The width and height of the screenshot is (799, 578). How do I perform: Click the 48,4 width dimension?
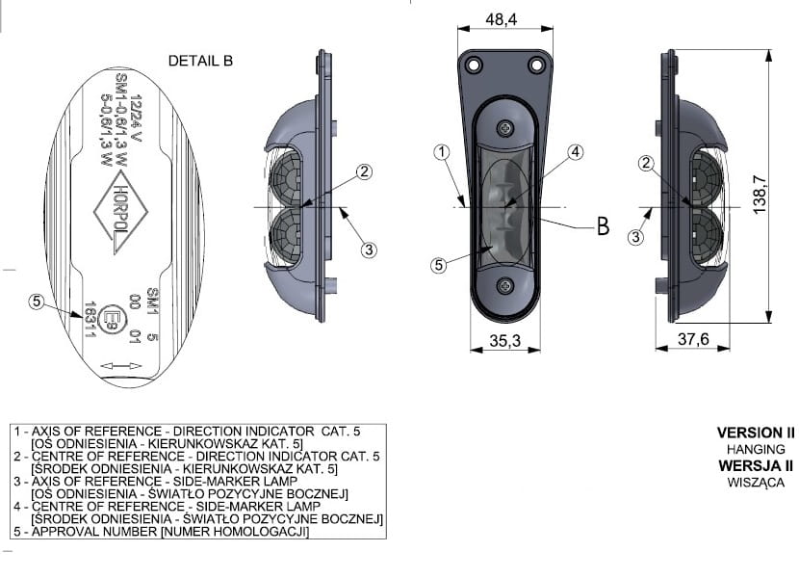pos(501,19)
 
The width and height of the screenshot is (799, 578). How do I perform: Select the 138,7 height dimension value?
pos(760,195)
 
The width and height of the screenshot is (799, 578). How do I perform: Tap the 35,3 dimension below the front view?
pos(505,340)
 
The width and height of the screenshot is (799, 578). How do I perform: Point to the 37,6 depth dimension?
pos(693,339)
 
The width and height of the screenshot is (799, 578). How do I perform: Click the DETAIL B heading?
pos(200,61)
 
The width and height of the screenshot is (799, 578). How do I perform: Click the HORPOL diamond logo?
pos(120,212)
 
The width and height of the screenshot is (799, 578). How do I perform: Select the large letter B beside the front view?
pos(603,225)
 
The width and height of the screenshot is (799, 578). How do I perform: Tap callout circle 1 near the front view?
pos(442,152)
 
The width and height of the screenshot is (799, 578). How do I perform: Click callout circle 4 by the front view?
pos(576,151)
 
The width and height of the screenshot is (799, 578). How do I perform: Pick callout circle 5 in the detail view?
pos(37,302)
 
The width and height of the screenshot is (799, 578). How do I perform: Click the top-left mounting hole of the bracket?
pos(474,66)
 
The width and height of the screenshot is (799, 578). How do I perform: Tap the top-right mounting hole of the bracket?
pos(536,66)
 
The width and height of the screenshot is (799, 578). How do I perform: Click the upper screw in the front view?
pos(505,128)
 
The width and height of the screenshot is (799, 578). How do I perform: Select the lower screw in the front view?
pos(505,286)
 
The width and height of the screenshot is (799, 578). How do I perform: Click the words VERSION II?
pos(756,433)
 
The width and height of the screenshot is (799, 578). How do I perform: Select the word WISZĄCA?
pos(756,482)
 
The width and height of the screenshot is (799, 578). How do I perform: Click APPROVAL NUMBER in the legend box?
pos(94,532)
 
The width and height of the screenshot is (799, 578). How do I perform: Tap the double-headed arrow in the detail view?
pos(121,366)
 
